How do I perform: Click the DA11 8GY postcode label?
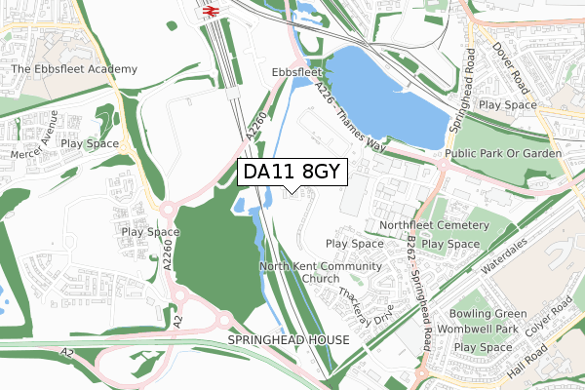click(292, 172)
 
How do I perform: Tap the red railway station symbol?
click(209, 11)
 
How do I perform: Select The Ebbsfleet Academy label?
click(74, 70)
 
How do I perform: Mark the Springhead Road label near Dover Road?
click(465, 92)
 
